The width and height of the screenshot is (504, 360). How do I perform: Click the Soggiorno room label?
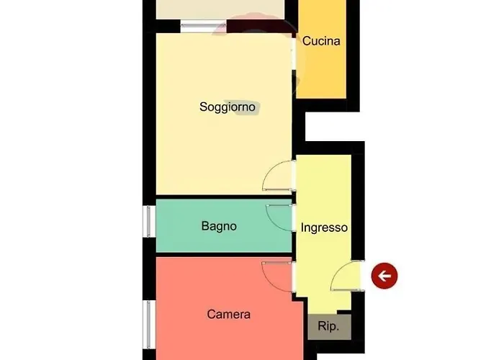(x=228, y=107)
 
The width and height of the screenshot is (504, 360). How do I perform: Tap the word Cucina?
(x=321, y=41)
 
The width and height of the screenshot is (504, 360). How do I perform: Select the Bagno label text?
(x=219, y=226)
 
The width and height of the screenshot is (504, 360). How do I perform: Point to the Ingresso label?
(x=324, y=228)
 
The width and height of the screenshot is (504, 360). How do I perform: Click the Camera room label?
(x=228, y=315)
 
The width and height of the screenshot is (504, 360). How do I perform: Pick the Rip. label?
(x=328, y=326)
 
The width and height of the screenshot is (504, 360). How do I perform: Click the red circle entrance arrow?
(x=384, y=276)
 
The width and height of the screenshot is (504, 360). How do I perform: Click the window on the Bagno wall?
(x=149, y=222)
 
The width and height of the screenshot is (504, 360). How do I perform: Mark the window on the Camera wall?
(x=149, y=325)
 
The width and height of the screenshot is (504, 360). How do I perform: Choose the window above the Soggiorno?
(x=203, y=27)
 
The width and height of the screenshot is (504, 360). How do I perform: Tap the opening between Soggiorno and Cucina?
(x=294, y=54)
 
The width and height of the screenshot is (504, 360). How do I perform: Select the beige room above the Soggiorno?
(x=220, y=9)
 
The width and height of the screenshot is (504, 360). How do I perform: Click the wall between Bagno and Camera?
(x=224, y=255)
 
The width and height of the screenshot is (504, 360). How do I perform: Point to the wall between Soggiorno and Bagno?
(x=224, y=197)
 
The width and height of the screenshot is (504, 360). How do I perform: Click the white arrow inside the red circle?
(x=384, y=276)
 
